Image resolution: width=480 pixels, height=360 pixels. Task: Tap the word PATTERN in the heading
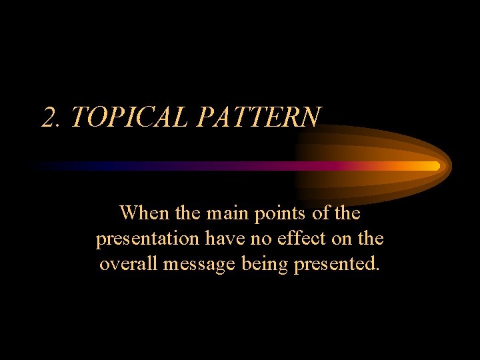pos(259,117)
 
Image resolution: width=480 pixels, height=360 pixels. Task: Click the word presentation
pos(147,239)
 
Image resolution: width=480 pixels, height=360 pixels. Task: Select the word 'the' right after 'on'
pos(371,239)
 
